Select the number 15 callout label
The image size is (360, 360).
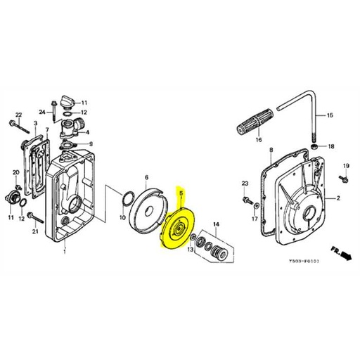pos(330,115)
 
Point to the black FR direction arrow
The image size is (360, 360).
pos(345,259)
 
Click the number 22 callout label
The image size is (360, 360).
pos(19,114)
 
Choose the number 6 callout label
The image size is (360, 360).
pos(146,177)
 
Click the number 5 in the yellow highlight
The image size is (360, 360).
pos(181,192)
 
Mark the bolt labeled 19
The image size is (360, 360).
pos(345,176)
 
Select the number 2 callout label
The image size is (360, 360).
pos(337,198)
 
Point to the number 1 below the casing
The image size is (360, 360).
pos(65,252)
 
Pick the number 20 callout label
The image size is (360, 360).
pos(15,173)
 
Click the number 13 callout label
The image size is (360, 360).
pos(191,250)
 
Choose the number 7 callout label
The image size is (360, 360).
pos(47,130)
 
